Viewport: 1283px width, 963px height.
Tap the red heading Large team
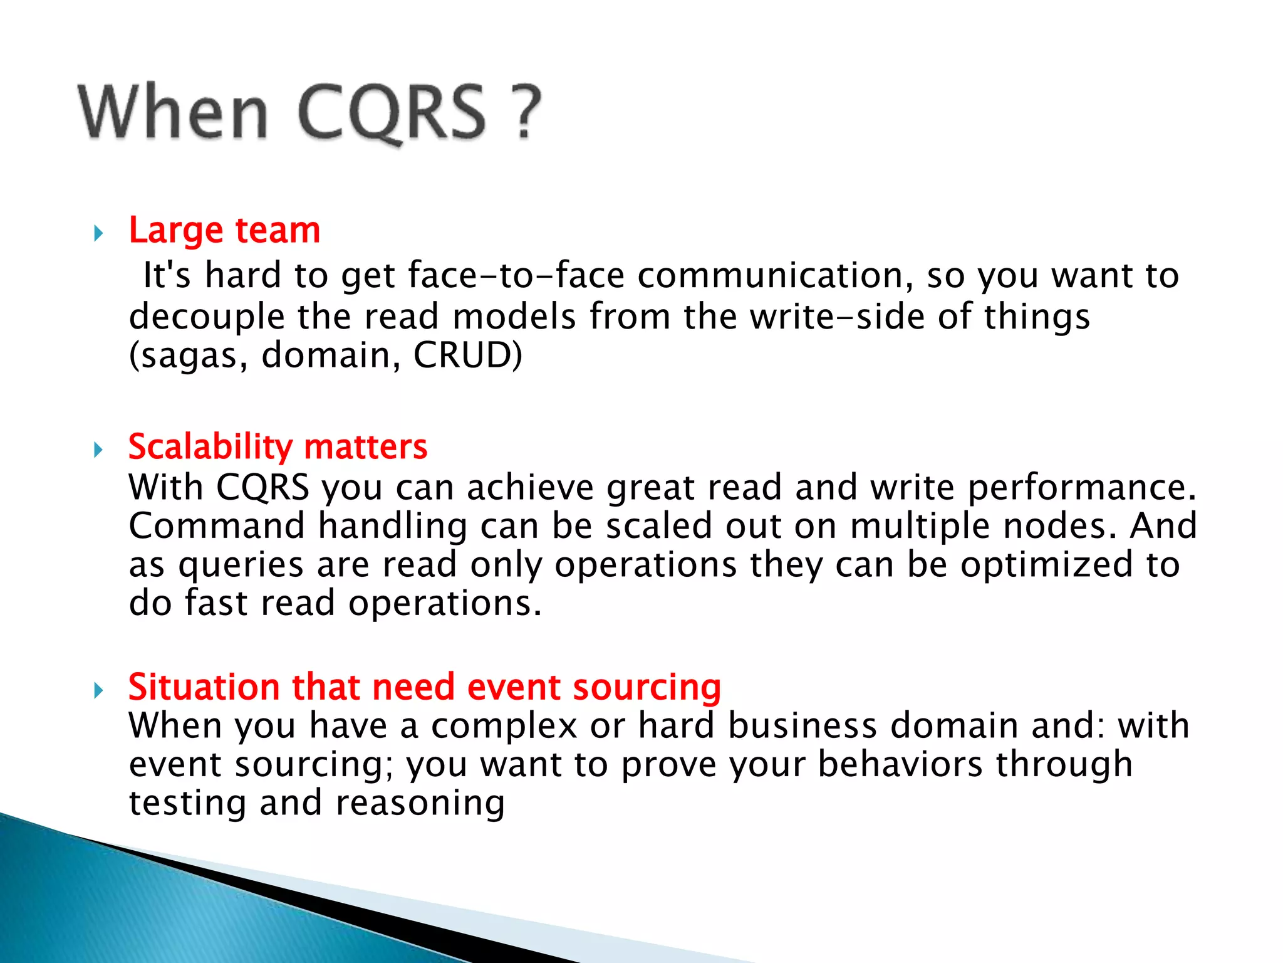tap(224, 230)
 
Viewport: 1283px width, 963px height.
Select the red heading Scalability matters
tap(278, 447)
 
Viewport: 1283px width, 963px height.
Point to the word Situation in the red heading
tap(203, 687)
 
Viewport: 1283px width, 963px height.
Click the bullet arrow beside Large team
tap(98, 234)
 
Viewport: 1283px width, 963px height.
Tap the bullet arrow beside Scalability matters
tap(98, 450)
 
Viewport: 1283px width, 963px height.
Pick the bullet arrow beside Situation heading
tap(98, 691)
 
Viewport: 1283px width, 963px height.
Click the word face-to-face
tap(516, 276)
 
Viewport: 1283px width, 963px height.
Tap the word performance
tap(1081, 488)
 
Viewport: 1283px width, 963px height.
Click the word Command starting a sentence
tap(216, 526)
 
